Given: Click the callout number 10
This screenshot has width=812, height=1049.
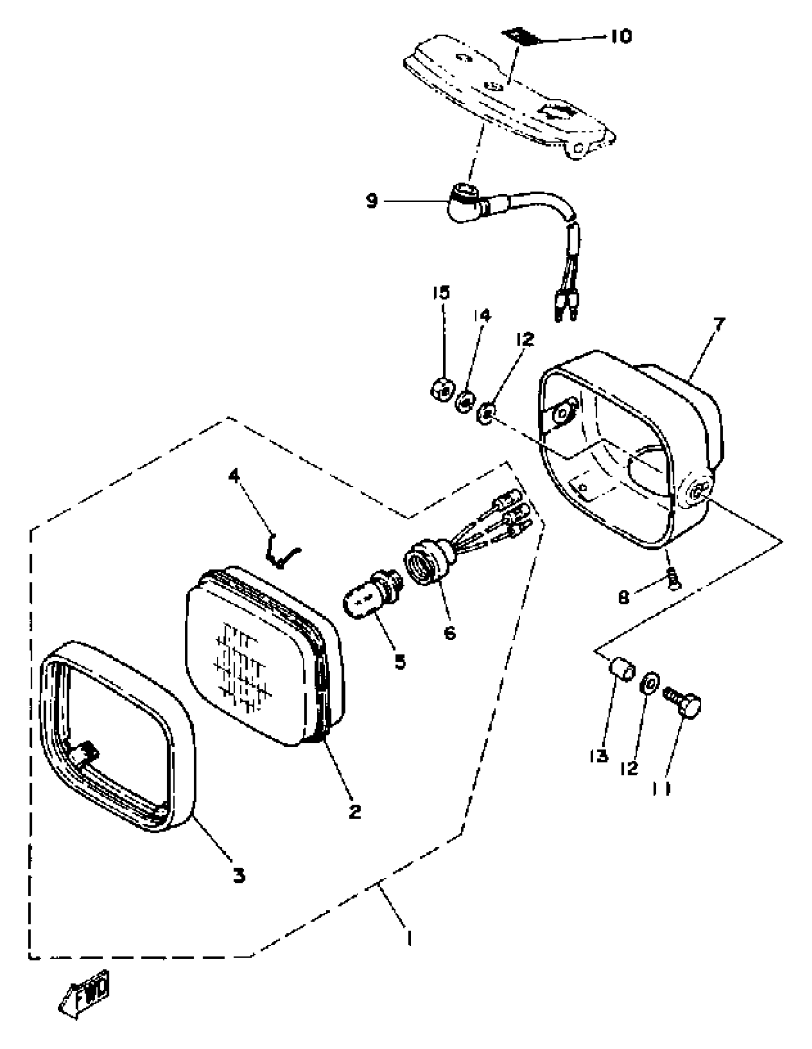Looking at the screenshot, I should click(621, 36).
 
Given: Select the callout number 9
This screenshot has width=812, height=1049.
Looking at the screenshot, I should click(373, 201).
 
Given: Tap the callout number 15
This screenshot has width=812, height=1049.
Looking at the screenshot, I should click(441, 293).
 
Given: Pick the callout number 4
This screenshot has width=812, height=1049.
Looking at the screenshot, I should click(234, 476).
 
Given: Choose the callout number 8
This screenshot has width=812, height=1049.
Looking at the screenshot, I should click(623, 599).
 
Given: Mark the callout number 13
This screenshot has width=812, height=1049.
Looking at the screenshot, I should click(599, 756).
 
